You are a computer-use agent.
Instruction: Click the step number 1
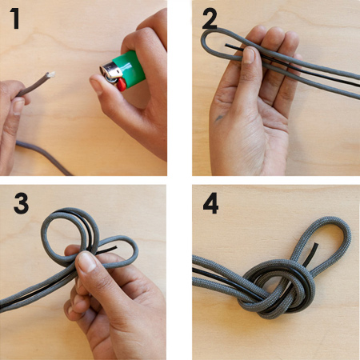click(15, 18)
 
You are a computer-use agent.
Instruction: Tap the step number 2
click(210, 18)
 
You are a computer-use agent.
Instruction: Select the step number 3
click(21, 203)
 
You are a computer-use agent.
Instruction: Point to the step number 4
click(210, 203)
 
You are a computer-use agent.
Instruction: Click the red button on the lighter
click(122, 85)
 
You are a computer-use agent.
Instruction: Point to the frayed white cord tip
click(50, 74)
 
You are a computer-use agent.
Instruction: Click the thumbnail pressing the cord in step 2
click(249, 55)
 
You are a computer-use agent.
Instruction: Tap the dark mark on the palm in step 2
click(219, 118)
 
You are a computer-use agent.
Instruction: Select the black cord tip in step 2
click(226, 46)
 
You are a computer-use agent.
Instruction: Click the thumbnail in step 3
click(87, 262)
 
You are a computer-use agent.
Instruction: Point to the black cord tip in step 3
click(115, 247)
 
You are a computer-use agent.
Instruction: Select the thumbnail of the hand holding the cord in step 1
click(18, 106)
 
